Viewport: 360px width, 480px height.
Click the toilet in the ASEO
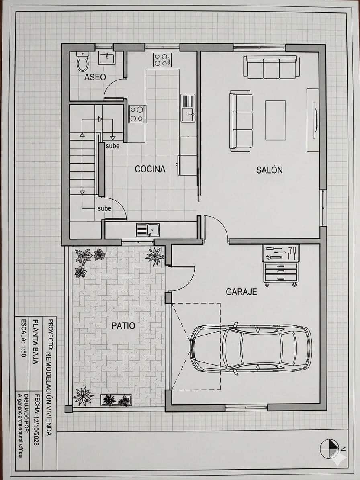82,61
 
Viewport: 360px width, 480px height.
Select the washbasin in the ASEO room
107,57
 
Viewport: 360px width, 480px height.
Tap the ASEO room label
95,77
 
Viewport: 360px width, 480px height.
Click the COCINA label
150,169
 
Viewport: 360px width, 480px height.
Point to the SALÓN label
269,170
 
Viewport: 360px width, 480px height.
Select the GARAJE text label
241,292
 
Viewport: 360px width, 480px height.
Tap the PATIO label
123,326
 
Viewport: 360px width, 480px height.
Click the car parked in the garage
251,348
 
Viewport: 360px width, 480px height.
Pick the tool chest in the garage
281,265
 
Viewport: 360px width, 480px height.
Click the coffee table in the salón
275,120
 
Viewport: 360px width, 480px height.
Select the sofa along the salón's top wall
271,67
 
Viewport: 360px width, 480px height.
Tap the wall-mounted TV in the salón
315,120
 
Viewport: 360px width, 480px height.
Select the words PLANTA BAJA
36,341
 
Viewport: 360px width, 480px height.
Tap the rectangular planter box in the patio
116,400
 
